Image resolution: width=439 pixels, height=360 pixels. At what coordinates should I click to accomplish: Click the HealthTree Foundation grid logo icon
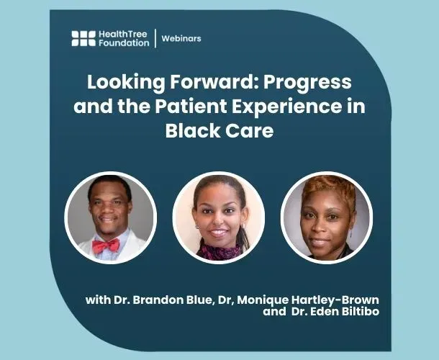83,39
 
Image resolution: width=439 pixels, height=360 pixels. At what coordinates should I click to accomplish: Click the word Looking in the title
119,81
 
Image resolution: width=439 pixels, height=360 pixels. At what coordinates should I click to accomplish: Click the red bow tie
106,246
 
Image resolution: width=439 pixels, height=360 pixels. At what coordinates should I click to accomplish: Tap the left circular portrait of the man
110,217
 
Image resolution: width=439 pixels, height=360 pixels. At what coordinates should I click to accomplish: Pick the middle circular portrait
219,217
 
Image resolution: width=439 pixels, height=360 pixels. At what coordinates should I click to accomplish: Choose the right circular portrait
326,217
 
